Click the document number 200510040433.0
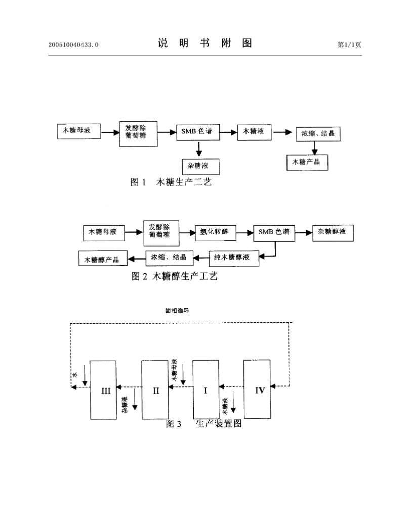coord(73,45)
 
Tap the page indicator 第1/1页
coord(349,45)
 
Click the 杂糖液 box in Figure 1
coord(198,166)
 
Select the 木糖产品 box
coord(307,162)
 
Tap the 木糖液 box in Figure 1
coord(253,132)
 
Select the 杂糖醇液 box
coord(333,232)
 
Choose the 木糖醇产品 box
coord(102,259)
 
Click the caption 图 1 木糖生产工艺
coord(171,182)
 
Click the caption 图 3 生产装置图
coord(203,424)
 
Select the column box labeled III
coord(103,389)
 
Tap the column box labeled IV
coord(257,389)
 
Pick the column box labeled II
coord(154,389)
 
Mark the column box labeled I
coord(206,389)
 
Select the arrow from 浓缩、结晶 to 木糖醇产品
coord(136,258)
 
